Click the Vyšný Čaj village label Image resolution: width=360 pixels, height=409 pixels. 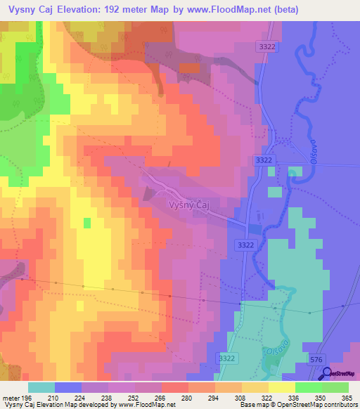pos(189,204)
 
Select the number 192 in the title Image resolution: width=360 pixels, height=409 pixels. pos(124,10)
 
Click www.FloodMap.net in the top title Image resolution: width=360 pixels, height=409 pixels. pos(231,10)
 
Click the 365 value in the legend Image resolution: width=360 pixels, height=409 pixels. pos(347,397)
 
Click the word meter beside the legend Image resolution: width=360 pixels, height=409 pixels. pos(10,397)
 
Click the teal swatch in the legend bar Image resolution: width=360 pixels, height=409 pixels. pos(41,387)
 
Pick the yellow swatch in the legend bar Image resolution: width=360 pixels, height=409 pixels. pos(282,387)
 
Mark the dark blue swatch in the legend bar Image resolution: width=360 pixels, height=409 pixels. pos(68,387)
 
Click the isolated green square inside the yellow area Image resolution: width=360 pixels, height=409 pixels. pos(87,223)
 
